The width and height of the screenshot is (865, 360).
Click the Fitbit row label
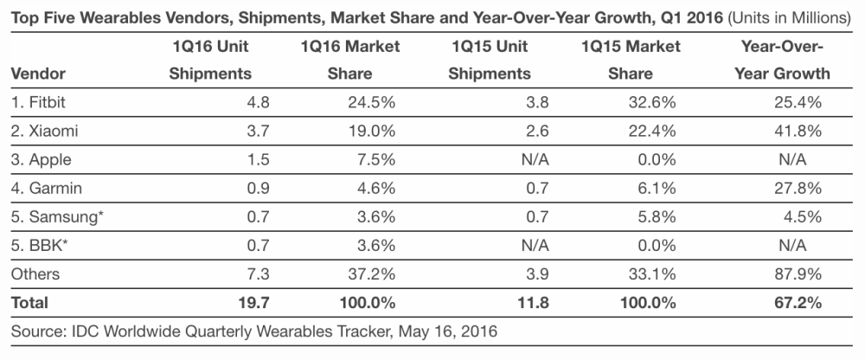pos(42,102)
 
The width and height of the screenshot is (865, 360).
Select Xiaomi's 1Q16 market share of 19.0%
pos(373,131)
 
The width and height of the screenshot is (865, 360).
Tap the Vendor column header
pos(39,74)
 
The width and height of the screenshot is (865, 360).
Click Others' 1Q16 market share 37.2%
pos(373,274)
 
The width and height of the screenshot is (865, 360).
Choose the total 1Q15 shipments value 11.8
pos(518,303)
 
